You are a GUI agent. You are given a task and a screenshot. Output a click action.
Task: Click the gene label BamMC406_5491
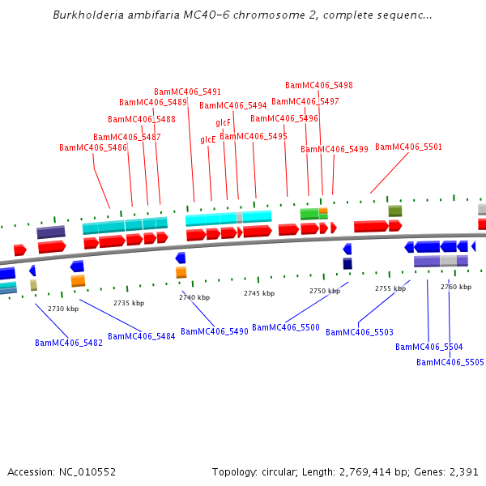click(187, 92)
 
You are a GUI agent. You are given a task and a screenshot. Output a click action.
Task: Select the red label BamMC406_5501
click(408, 147)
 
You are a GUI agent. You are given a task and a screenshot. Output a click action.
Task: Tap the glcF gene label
click(223, 122)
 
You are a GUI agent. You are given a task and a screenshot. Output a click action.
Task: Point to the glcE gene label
click(208, 139)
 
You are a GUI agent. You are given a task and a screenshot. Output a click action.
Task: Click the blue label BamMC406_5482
click(69, 343)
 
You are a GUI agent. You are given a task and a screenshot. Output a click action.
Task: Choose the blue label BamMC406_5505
click(450, 362)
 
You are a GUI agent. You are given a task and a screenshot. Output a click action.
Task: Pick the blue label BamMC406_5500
click(286, 327)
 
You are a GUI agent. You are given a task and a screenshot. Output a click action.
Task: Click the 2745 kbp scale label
click(259, 293)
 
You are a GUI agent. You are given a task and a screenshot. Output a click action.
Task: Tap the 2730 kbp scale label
click(63, 309)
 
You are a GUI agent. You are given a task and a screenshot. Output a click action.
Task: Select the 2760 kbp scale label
click(456, 287)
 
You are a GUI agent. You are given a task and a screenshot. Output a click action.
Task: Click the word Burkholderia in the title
click(84, 15)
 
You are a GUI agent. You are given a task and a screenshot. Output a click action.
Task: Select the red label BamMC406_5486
click(93, 147)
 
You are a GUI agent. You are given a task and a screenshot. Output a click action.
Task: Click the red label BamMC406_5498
click(318, 85)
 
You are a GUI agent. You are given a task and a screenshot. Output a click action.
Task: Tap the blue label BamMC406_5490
click(214, 331)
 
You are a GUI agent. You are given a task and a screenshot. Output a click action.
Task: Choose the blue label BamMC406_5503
click(360, 332)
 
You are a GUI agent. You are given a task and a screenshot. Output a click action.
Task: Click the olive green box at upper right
click(394, 211)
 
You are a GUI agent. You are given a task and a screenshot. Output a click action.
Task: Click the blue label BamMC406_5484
click(141, 336)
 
